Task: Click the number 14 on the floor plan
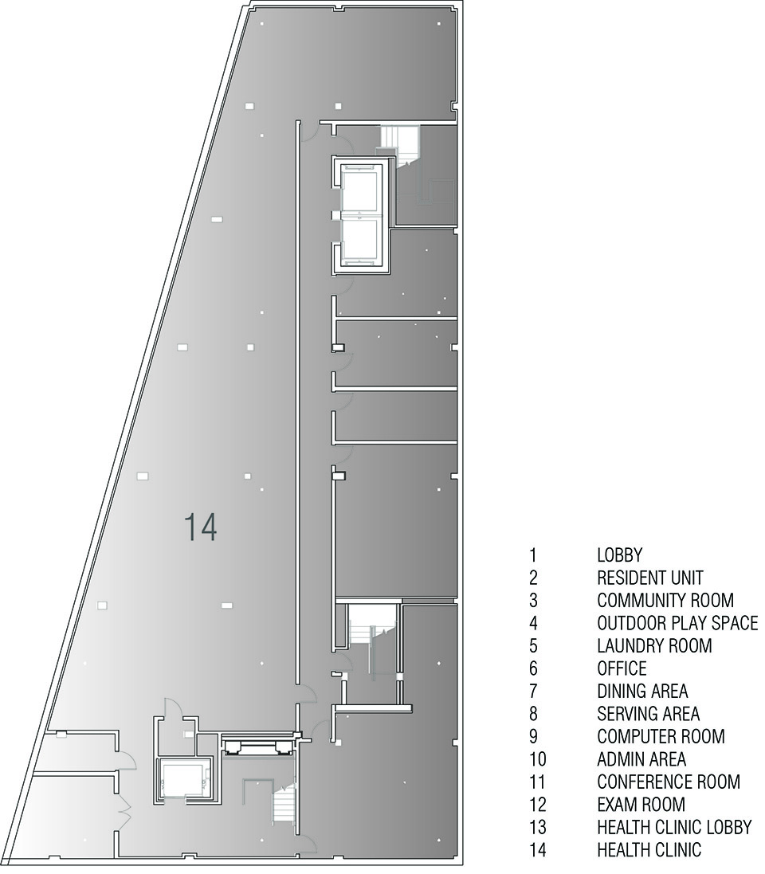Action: point(200,527)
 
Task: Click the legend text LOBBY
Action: point(619,555)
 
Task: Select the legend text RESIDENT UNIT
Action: point(650,578)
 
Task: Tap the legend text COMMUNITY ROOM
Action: point(665,600)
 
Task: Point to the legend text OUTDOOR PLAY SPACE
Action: point(677,623)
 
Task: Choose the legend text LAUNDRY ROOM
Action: point(654,646)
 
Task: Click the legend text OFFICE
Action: point(622,669)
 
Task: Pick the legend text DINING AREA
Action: point(642,692)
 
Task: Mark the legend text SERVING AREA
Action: point(648,714)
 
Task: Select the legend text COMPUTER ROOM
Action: point(661,737)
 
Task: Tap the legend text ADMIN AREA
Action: point(641,760)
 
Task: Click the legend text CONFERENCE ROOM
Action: point(669,782)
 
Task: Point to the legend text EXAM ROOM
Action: point(641,805)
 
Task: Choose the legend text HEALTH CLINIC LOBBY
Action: point(675,828)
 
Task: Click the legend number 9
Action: point(534,737)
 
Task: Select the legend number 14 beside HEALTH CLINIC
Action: point(538,851)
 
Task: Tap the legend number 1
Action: point(533,555)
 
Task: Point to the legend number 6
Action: point(534,669)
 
